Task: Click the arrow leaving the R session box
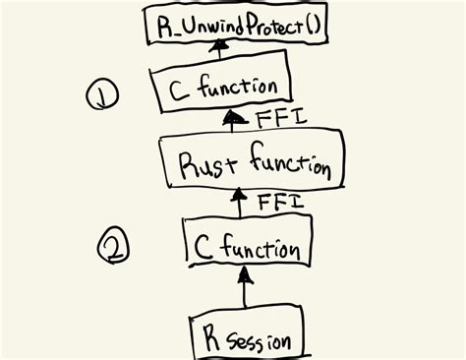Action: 240,289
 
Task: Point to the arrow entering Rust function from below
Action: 237,203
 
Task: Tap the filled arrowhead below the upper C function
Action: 234,120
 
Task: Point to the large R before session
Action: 211,337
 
